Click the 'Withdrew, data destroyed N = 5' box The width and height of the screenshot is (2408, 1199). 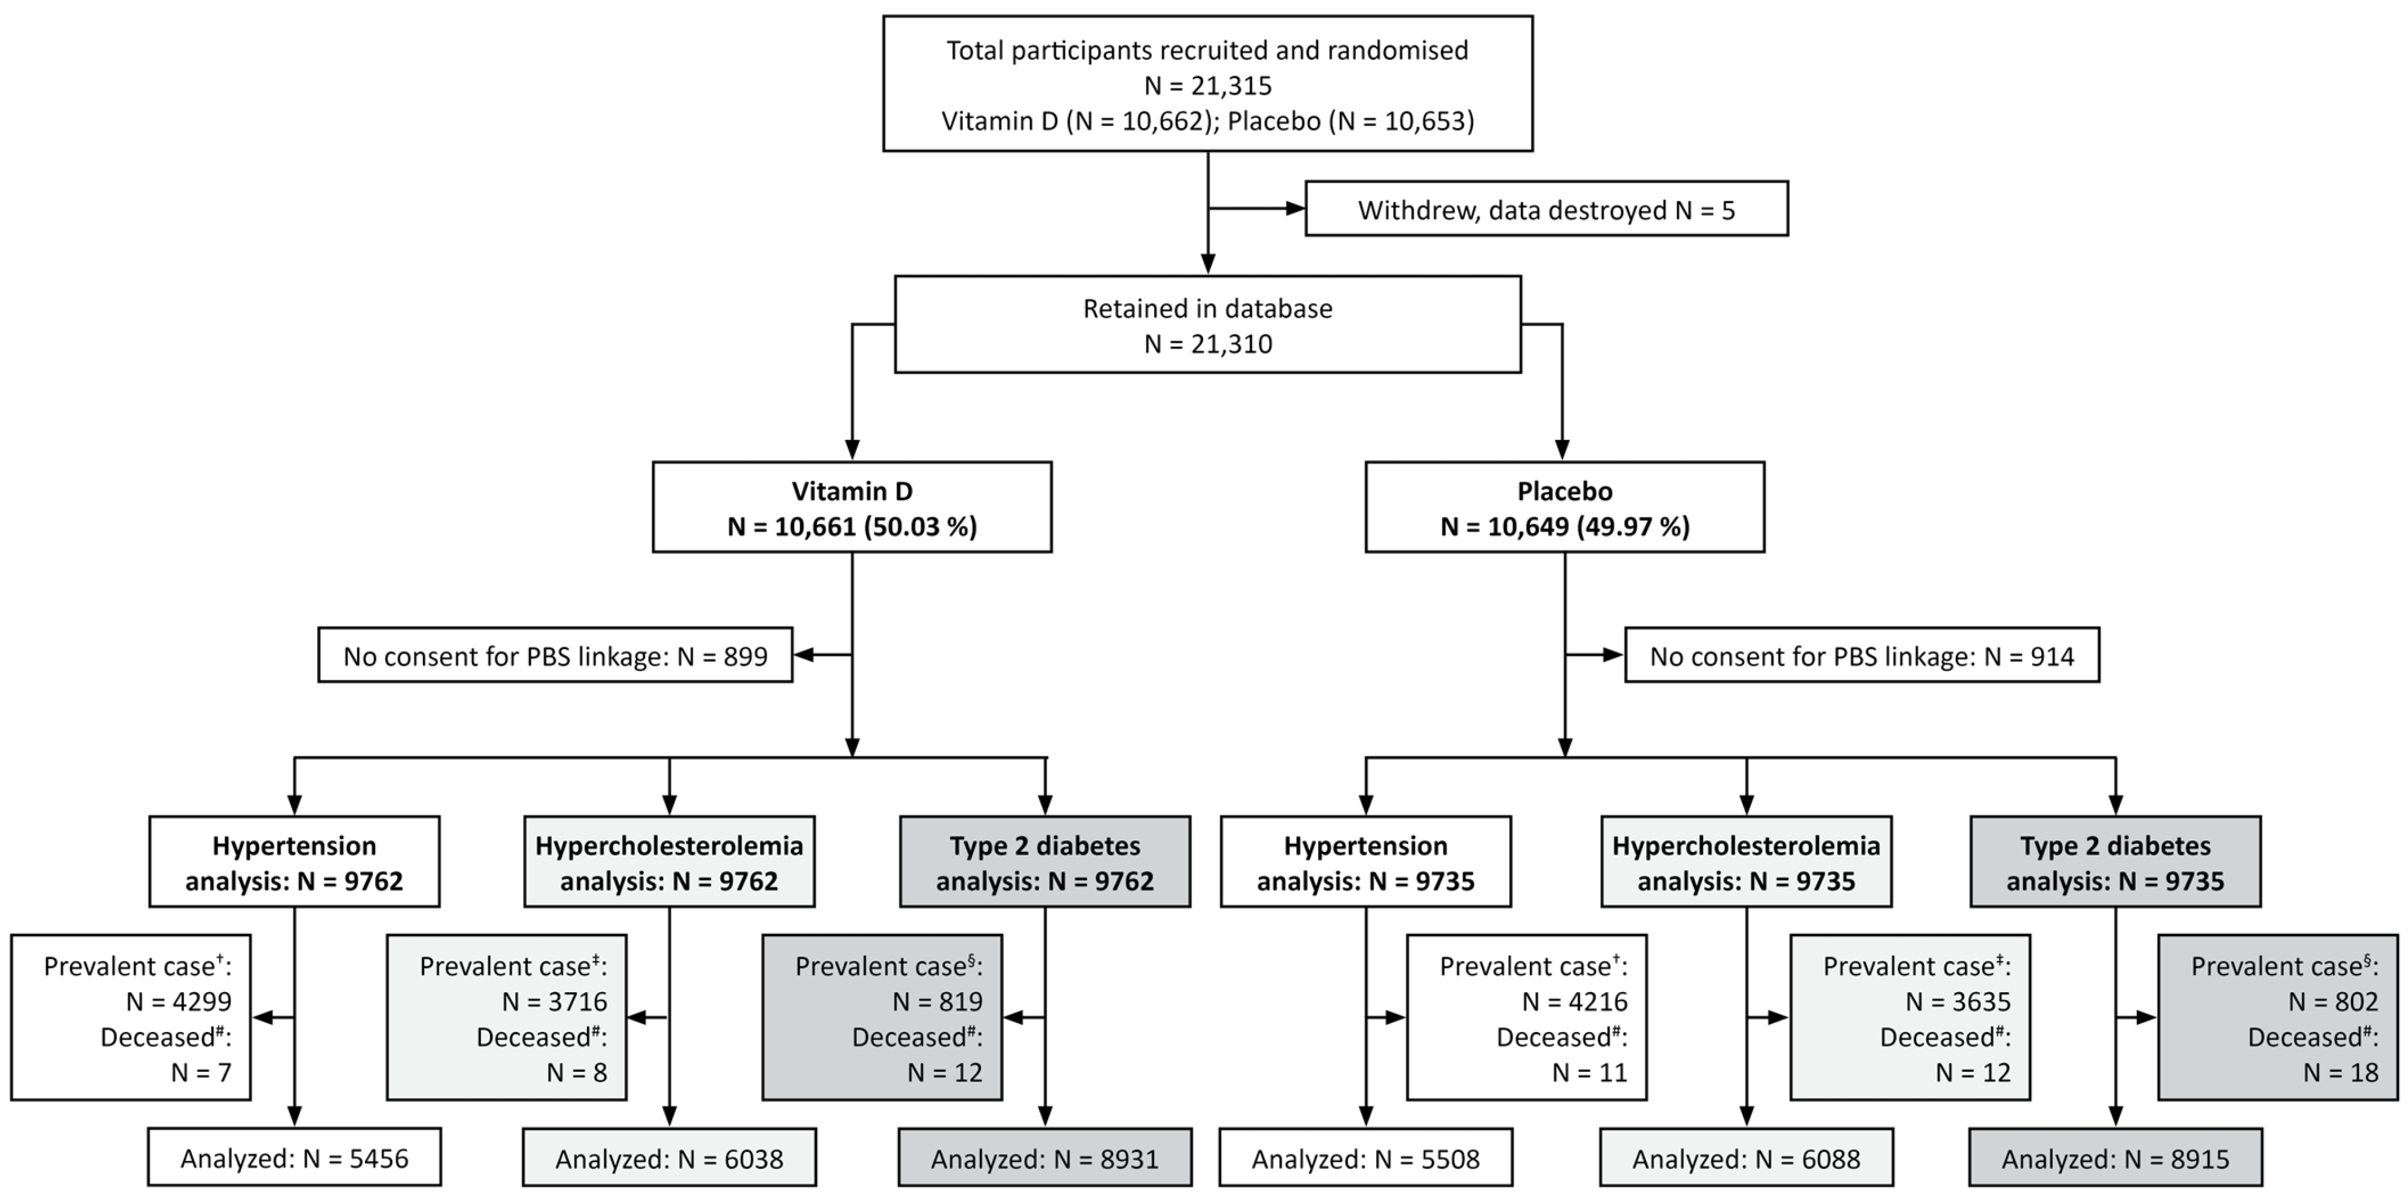1546,208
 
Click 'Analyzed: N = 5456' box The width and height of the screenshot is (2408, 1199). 294,1158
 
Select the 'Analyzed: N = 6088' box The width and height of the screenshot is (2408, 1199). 1745,1158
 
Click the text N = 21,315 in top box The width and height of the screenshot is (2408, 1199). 1208,86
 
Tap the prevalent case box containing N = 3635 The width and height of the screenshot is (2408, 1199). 1910,1017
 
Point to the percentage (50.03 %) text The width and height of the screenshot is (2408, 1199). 920,526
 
